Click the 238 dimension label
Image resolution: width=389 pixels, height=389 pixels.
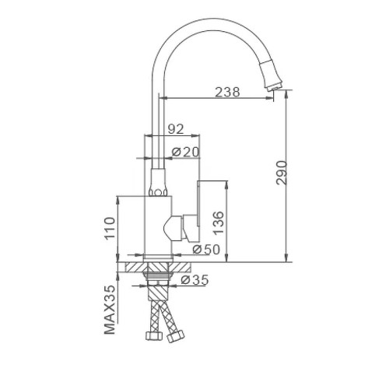click(227, 92)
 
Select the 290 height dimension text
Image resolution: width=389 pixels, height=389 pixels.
click(282, 173)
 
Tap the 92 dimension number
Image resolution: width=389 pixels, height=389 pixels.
click(176, 129)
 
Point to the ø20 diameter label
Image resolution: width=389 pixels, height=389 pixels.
click(186, 152)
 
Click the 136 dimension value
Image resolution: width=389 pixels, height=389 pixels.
click(219, 223)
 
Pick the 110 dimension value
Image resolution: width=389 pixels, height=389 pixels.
click(110, 229)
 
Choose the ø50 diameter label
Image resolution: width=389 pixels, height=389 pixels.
click(206, 250)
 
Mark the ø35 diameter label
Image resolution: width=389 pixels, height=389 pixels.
click(194, 280)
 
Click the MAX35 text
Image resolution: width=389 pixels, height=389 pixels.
click(110, 310)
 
